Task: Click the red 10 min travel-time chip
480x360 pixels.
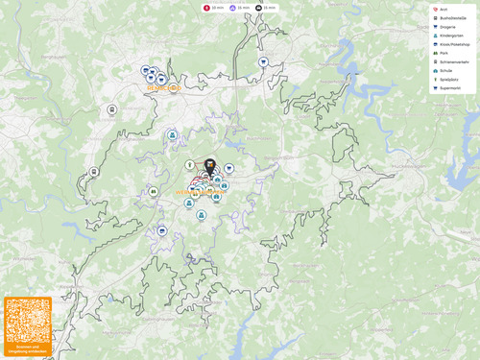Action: tap(213, 7)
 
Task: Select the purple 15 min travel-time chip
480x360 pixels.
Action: tap(239, 7)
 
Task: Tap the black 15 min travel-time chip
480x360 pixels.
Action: tap(266, 7)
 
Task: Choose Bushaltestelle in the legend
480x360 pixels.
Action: tap(452, 18)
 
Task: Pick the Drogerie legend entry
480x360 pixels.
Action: tap(447, 27)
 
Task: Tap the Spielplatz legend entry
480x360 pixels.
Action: tap(449, 80)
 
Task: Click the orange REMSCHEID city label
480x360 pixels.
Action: tap(163, 87)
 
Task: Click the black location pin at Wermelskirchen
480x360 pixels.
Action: tap(209, 166)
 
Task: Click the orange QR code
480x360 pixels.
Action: tap(27, 321)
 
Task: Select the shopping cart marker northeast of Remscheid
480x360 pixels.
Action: tap(263, 61)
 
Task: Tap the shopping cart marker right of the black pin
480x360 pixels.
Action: tap(229, 168)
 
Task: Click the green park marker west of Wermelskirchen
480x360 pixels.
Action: tap(153, 192)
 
